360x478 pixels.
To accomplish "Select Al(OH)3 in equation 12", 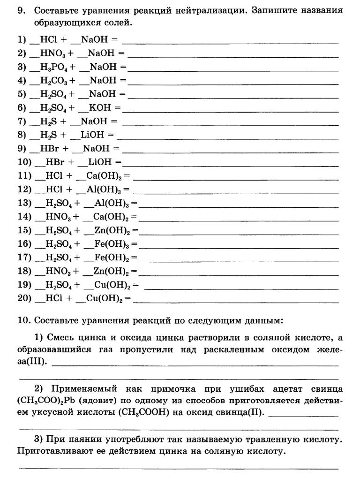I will click(x=107, y=190).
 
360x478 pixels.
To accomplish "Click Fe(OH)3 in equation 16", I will click(x=116, y=244).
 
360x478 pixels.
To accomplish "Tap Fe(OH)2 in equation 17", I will click(x=116, y=258).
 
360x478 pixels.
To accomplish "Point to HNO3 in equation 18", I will click(x=59, y=271).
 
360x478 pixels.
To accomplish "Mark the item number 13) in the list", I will click(x=24, y=203).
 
